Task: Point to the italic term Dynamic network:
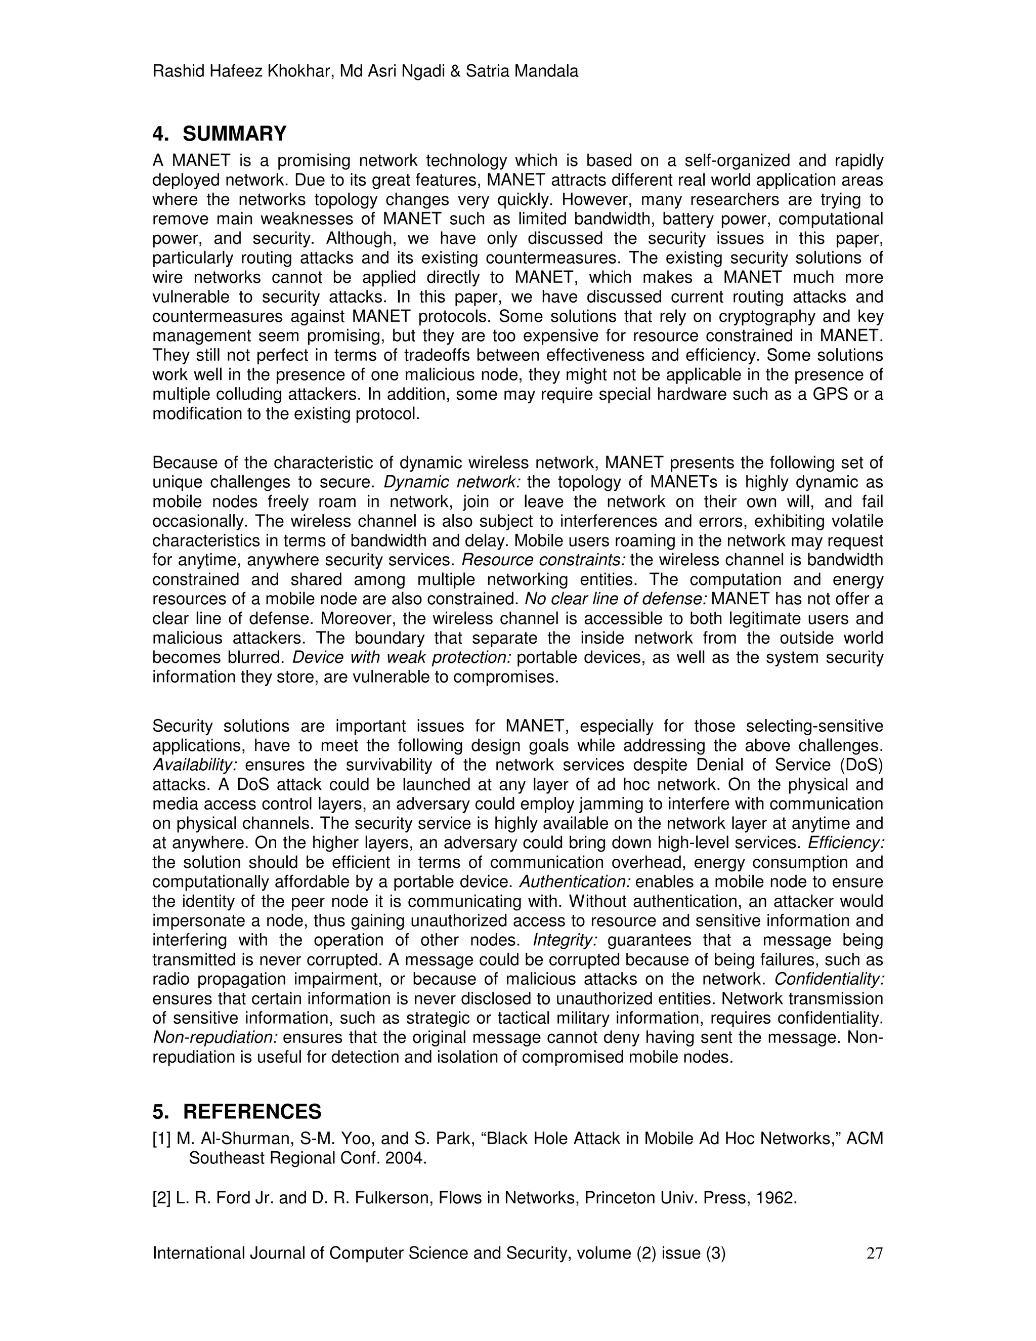452,482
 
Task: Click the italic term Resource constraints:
543,560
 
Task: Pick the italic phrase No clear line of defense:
616,599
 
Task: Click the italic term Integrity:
565,940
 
